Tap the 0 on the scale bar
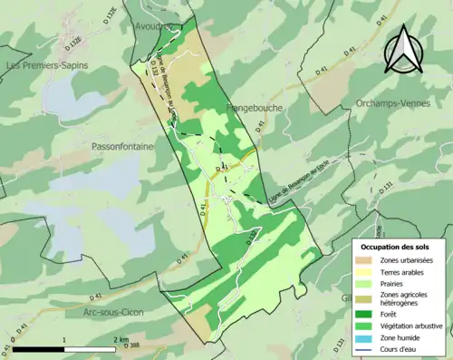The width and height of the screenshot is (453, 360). pyautogui.click(x=14, y=339)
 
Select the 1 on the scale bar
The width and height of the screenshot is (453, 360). pyautogui.click(x=64, y=339)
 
